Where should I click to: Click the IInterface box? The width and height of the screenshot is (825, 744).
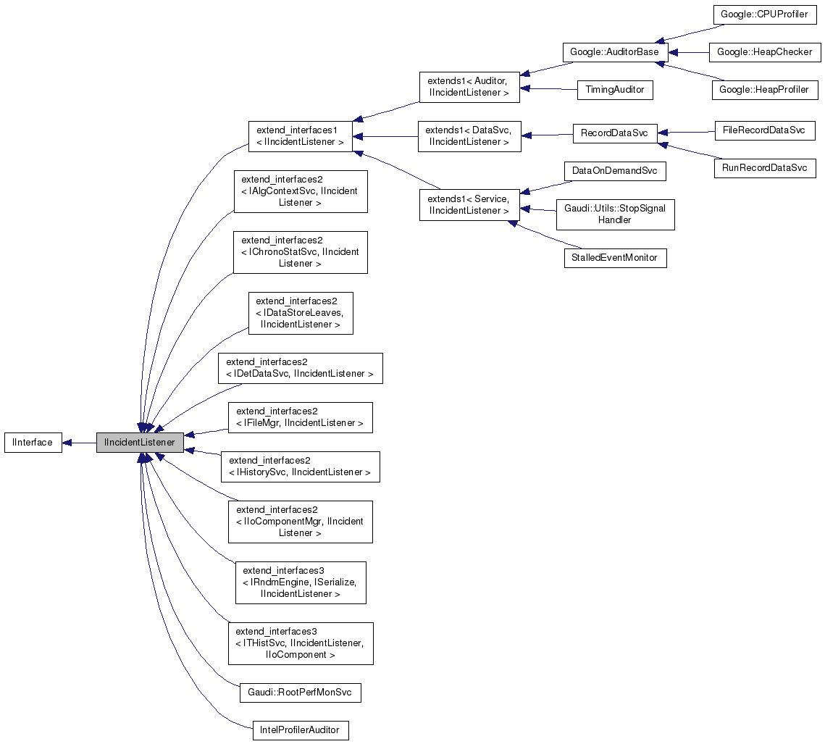[33, 443]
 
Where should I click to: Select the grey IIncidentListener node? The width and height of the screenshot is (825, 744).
[140, 443]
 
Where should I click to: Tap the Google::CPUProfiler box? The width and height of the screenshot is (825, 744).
[765, 14]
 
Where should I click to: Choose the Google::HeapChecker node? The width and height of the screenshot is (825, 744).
[764, 52]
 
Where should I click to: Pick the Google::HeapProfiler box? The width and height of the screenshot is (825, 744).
[765, 91]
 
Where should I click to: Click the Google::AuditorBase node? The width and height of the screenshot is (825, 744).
[615, 52]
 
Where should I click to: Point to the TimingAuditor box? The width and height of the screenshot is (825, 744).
[615, 91]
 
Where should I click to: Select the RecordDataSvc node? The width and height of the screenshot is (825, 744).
[614, 134]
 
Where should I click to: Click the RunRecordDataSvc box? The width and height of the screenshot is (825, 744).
[765, 168]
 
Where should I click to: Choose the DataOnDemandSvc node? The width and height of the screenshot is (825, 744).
[615, 172]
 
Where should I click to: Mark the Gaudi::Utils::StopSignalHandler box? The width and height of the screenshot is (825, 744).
[615, 214]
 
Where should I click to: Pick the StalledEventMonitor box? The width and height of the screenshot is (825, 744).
[615, 258]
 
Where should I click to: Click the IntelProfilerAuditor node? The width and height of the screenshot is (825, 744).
[300, 730]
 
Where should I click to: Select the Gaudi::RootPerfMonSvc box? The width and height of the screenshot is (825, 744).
[300, 693]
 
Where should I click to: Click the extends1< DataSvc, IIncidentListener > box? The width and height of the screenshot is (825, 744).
[469, 136]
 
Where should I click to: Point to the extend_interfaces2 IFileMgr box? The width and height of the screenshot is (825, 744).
[300, 418]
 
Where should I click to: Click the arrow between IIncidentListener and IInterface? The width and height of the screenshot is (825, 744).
[79, 443]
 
